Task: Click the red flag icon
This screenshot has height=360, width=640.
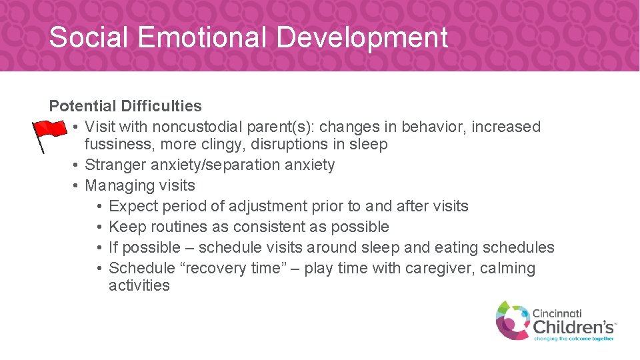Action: pyautogui.click(x=50, y=133)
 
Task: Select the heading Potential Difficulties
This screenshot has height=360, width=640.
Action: pyautogui.click(x=125, y=106)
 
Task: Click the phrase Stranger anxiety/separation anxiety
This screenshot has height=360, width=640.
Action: pyautogui.click(x=210, y=165)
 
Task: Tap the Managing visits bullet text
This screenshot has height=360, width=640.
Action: pyautogui.click(x=140, y=185)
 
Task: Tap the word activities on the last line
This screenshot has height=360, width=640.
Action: pyautogui.click(x=139, y=285)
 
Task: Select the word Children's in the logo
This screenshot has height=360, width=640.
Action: pyautogui.click(x=573, y=327)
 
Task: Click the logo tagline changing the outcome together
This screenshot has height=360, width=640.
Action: pyautogui.click(x=573, y=339)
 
